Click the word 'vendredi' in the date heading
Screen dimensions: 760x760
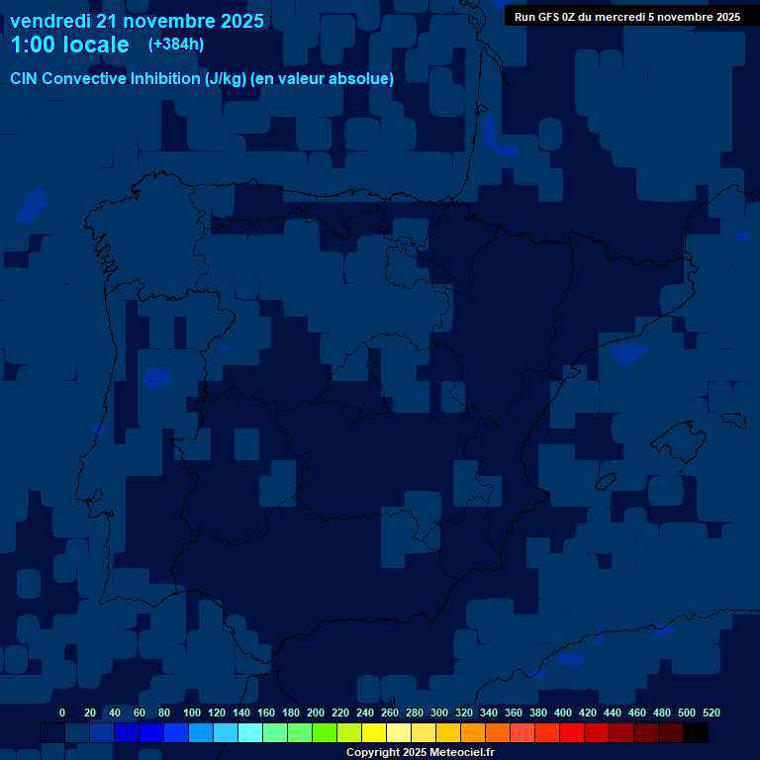(49, 21)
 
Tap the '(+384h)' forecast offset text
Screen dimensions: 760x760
(176, 45)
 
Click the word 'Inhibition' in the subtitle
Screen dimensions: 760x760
(164, 79)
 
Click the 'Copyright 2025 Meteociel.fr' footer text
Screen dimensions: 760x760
(421, 752)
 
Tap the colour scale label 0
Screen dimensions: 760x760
(62, 712)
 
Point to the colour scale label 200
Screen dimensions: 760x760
(316, 712)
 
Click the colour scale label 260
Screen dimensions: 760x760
(390, 712)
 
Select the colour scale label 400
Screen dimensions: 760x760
(563, 712)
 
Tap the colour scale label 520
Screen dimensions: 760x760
(712, 712)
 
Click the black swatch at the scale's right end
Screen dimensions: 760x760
(695, 733)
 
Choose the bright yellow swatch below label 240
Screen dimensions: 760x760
(374, 733)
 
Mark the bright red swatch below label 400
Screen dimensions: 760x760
(571, 733)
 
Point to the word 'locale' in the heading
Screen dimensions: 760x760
(92, 45)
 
